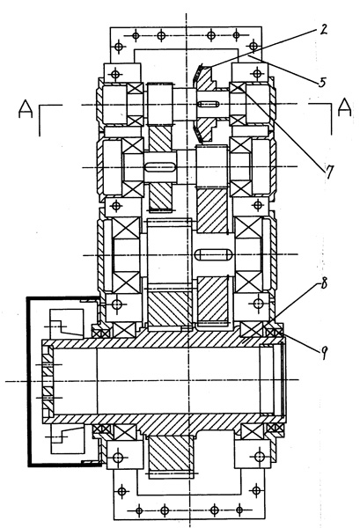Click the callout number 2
tap(323, 30)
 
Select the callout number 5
tap(322, 82)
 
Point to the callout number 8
tap(323, 284)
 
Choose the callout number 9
tap(324, 353)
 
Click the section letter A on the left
tap(26, 108)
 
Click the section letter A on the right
tap(344, 107)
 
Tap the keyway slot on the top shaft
tap(207, 104)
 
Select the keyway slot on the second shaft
tap(161, 167)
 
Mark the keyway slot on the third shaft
tap(214, 254)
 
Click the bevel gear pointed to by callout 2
tap(203, 104)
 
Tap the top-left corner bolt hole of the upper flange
tap(118, 46)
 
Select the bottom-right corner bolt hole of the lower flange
tap(256, 490)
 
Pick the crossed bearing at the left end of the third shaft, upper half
tap(126, 229)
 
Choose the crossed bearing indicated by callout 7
tap(238, 88)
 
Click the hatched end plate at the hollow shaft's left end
tap(48, 380)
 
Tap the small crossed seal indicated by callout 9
tap(275, 333)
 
